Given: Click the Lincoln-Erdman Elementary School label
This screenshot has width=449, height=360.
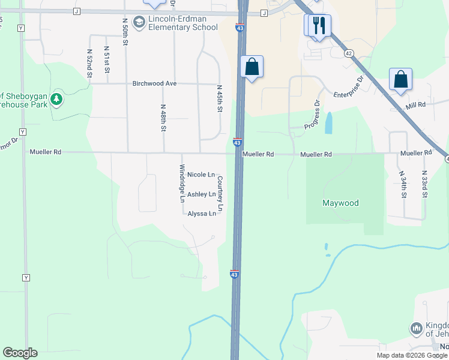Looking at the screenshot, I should pos(183,23).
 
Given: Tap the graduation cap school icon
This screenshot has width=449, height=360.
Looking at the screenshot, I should pos(139,23).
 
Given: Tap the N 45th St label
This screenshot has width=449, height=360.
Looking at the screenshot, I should pos(220,99).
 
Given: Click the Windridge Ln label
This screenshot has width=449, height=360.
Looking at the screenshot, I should pos(182,184).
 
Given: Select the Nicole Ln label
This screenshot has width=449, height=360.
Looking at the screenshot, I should pos(201,175).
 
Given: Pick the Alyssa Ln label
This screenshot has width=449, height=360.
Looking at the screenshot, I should pos(202,214).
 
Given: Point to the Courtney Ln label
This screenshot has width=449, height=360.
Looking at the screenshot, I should pos(220,193).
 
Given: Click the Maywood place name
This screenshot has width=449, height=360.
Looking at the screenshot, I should pos(340,203).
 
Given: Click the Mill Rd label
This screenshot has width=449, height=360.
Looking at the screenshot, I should pos(415,104).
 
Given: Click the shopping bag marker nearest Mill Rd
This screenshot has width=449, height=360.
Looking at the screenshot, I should pos(400,79).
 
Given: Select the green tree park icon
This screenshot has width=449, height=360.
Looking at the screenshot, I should pos(56,98).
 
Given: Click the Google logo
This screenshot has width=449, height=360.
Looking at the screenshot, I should pos(20,353).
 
